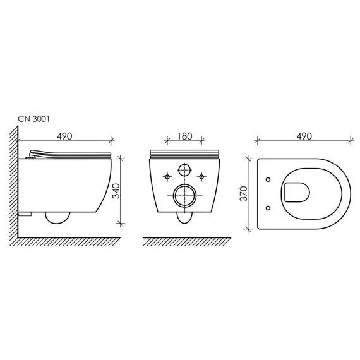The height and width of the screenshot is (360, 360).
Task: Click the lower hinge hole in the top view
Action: [x=270, y=207]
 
